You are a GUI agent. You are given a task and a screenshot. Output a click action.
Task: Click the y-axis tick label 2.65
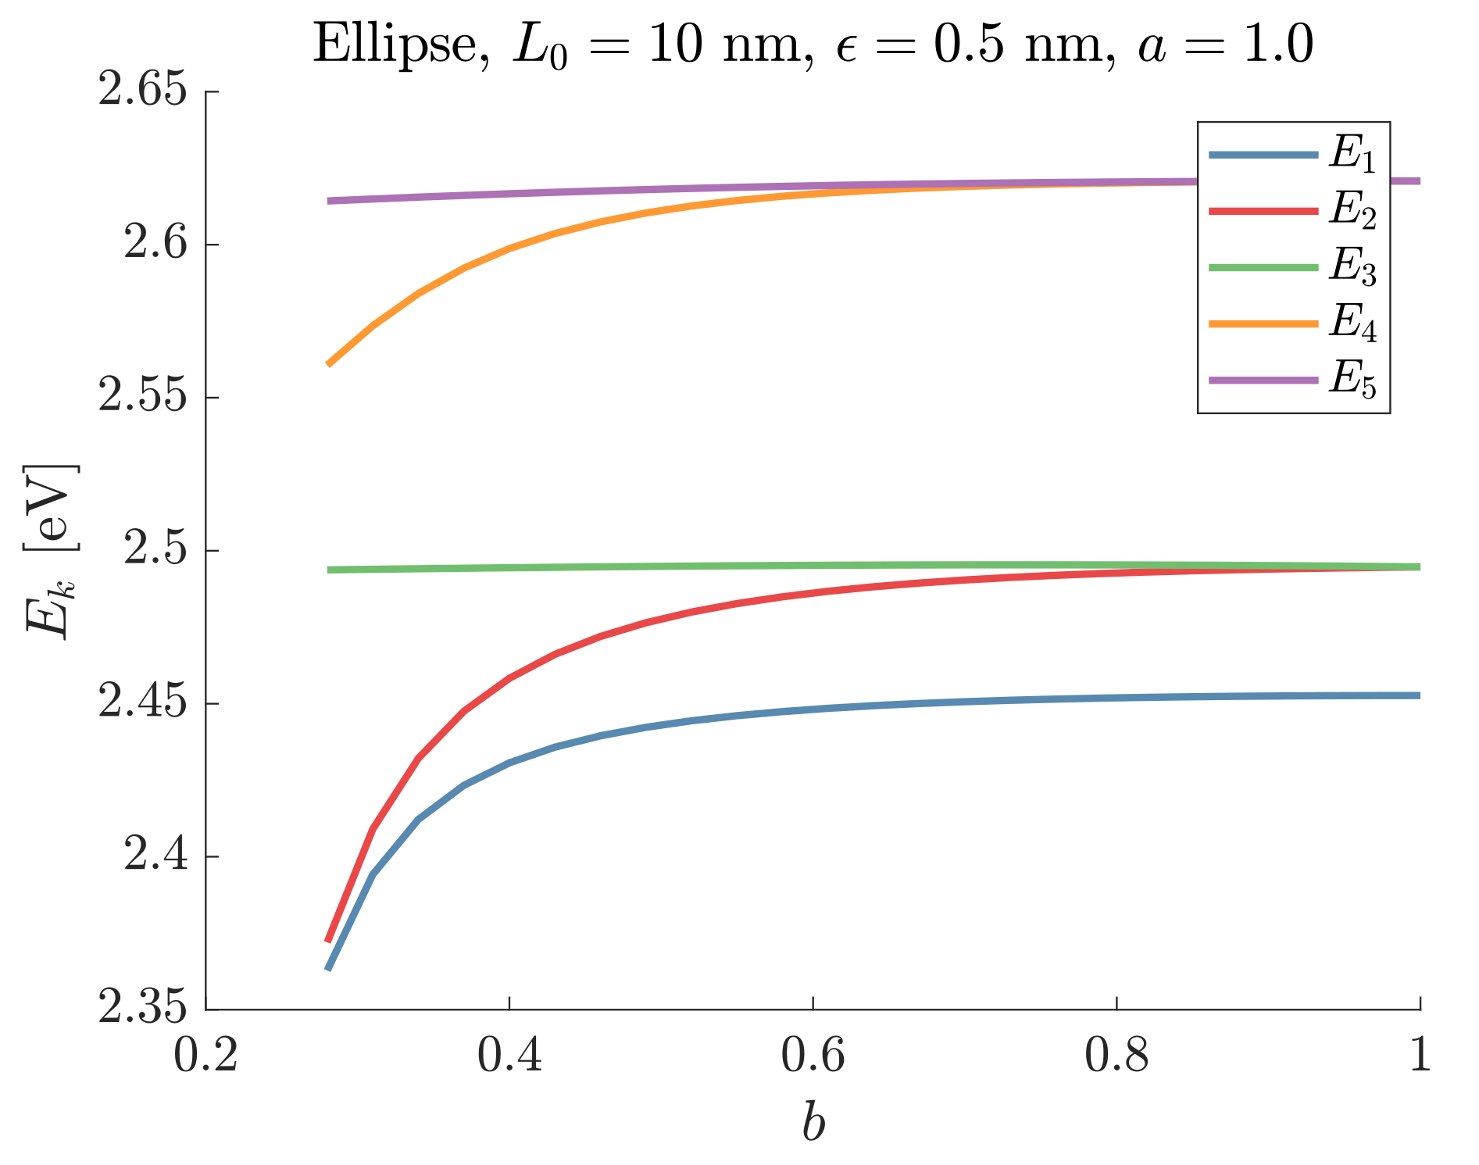(x=144, y=92)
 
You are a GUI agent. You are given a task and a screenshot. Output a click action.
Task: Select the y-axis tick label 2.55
(x=144, y=398)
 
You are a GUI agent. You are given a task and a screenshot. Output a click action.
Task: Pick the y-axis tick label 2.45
(x=144, y=703)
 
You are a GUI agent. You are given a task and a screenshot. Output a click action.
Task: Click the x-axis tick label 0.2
(x=205, y=1055)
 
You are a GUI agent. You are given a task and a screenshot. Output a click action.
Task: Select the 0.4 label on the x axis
(x=509, y=1055)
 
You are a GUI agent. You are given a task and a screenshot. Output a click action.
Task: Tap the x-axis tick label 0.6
(x=813, y=1055)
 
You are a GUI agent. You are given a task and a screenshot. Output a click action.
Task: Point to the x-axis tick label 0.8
(x=1117, y=1055)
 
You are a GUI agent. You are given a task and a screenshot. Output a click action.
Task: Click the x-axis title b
(x=813, y=1123)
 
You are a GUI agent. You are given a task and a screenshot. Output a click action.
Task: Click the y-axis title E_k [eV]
(x=52, y=551)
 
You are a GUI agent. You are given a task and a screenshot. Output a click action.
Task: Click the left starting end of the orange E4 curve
(x=329, y=364)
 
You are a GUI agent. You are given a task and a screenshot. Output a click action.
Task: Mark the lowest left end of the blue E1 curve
(x=329, y=969)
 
